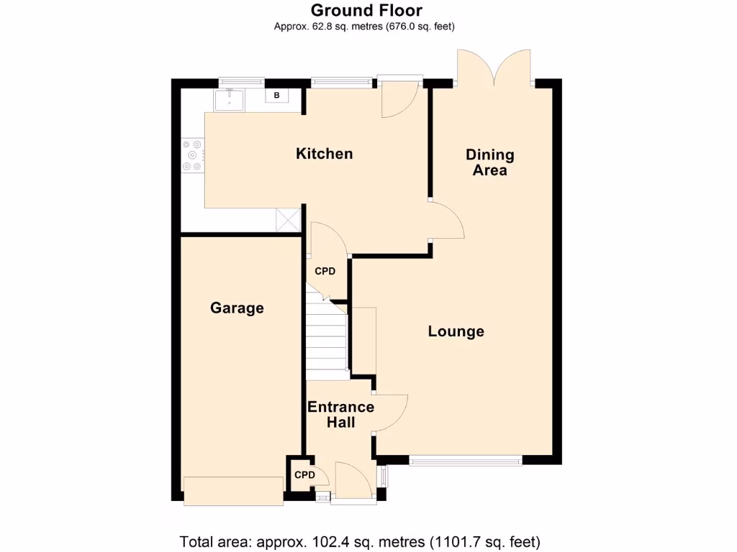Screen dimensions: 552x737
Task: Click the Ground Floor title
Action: click(x=366, y=10)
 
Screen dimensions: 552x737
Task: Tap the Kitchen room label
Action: click(x=325, y=154)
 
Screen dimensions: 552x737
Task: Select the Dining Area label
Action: click(x=490, y=162)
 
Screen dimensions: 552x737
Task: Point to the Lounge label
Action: click(x=456, y=331)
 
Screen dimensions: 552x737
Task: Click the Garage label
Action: click(x=237, y=308)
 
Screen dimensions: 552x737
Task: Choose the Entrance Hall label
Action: click(x=340, y=415)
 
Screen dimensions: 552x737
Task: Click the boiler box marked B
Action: click(x=276, y=95)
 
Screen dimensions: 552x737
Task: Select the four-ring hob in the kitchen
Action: click(x=193, y=155)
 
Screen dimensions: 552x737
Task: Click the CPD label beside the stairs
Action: click(x=325, y=272)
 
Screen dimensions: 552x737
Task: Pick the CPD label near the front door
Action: click(x=304, y=475)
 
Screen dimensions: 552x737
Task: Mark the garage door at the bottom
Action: click(x=233, y=491)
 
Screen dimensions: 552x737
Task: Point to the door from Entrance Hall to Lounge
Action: click(x=391, y=413)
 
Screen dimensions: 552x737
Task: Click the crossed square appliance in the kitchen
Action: click(x=288, y=220)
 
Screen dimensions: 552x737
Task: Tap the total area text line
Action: click(x=360, y=541)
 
